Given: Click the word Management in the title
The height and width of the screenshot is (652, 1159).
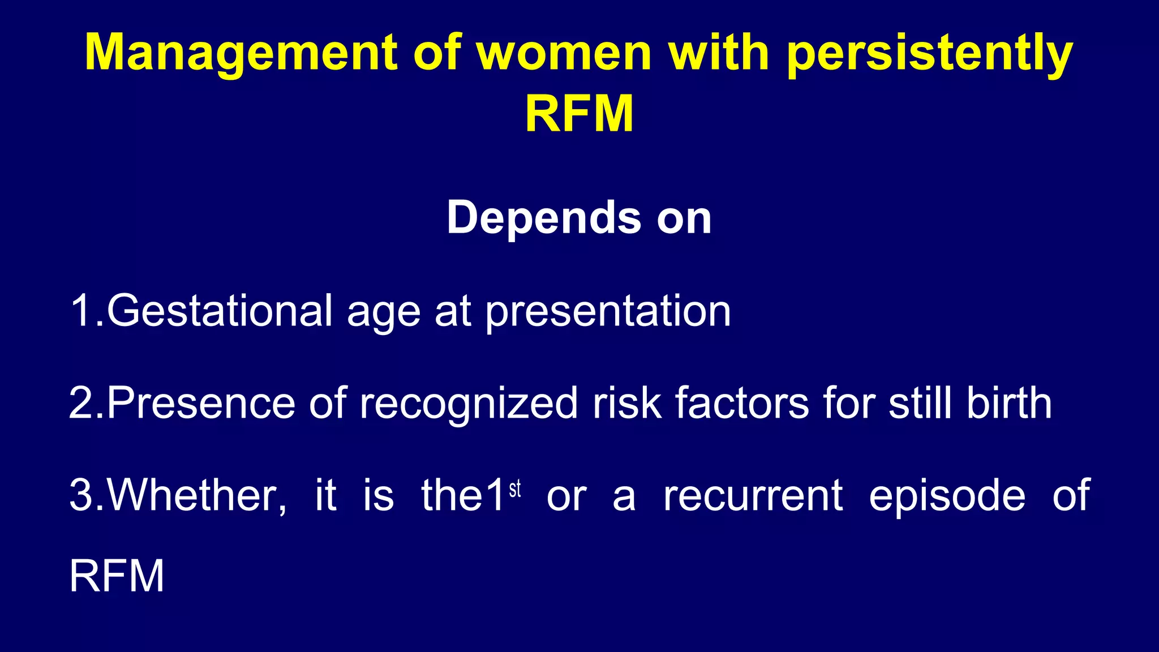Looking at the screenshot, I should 241,54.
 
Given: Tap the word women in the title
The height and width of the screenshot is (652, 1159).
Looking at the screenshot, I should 564,54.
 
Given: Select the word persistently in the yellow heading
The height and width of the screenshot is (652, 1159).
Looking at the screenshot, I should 929,54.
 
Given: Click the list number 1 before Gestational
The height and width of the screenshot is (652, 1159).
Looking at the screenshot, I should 80,311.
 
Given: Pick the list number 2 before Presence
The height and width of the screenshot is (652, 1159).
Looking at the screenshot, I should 81,403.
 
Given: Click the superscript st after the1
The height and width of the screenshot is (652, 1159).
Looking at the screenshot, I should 514,489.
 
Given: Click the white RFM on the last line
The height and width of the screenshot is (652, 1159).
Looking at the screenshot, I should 117,576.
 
